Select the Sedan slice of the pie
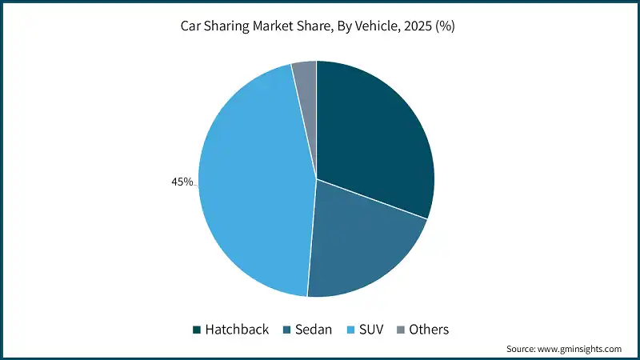tap(360, 240)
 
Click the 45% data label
tap(182, 182)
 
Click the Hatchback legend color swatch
tap(196, 330)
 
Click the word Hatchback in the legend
tap(237, 330)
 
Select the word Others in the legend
tap(429, 330)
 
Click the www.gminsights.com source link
tap(582, 349)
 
